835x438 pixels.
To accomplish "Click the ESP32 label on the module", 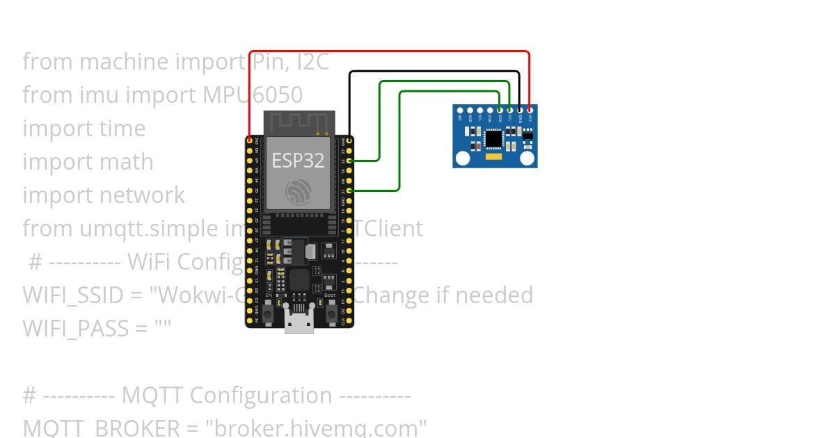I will pyautogui.click(x=298, y=161).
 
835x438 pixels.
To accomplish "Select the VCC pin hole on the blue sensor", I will pyautogui.click(x=530, y=110).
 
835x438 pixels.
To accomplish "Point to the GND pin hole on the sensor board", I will pyautogui.click(x=520, y=110).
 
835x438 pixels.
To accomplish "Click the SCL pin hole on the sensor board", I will pyautogui.click(x=510, y=110).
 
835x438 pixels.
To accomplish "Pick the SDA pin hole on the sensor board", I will pyautogui.click(x=500, y=110).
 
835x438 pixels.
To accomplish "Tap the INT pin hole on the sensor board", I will pyautogui.click(x=460, y=110).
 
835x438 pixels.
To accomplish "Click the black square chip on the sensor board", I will pyautogui.click(x=493, y=139).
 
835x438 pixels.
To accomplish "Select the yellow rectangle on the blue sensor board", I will pyautogui.click(x=493, y=159).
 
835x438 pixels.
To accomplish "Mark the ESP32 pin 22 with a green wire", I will pyautogui.click(x=349, y=161).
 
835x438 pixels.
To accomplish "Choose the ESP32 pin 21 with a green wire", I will pyautogui.click(x=349, y=190).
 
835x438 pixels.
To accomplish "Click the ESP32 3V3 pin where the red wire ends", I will pyautogui.click(x=250, y=140).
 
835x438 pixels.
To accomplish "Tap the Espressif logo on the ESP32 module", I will pyautogui.click(x=299, y=191).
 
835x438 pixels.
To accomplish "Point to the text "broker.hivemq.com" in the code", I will pyautogui.click(x=316, y=428).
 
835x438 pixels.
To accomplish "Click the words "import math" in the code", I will pyautogui.click(x=88, y=161).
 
